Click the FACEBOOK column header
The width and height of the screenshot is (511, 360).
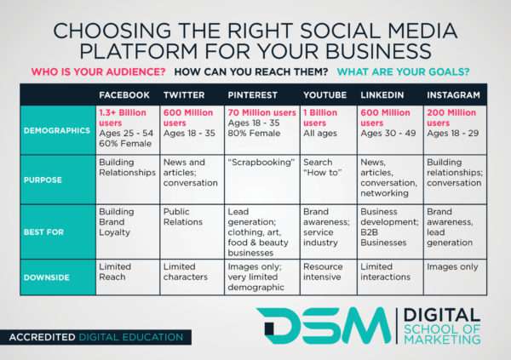123,94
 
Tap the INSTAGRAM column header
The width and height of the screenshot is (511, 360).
454,94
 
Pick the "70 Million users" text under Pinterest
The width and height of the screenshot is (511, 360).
261,112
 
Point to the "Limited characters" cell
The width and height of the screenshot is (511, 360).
185,271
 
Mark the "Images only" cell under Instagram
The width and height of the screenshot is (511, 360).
452,266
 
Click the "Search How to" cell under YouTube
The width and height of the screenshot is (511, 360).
321,168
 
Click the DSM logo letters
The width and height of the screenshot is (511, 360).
324,327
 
